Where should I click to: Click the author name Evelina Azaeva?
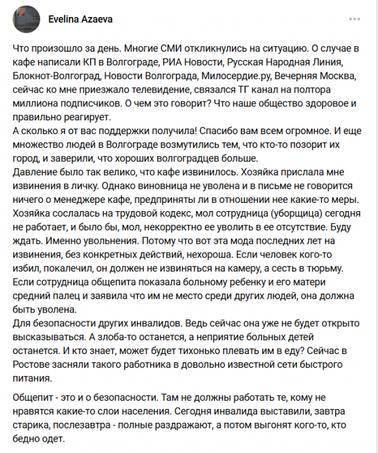[x=81, y=19]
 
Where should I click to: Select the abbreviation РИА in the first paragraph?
[x=173, y=62]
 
